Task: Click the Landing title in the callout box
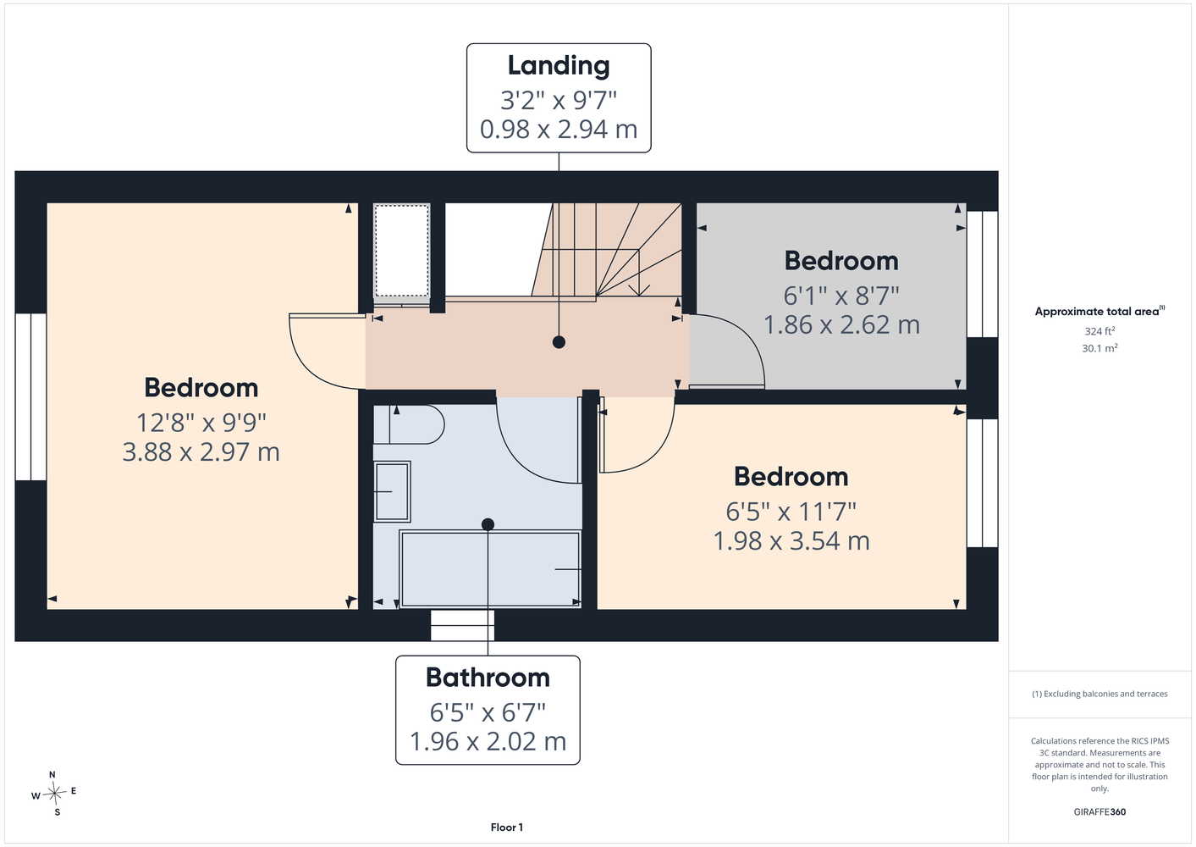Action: pos(559,65)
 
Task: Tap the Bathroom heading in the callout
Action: pos(488,678)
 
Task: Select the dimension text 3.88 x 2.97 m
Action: pos(201,452)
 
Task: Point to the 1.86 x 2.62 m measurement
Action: pos(841,325)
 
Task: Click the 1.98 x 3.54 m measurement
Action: pos(791,540)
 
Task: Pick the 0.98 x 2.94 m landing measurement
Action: pos(559,130)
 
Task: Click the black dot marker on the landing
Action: pos(559,342)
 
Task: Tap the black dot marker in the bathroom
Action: pos(488,524)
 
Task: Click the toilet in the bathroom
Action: pos(409,424)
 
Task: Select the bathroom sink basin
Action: pos(392,491)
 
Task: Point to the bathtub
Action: pos(490,568)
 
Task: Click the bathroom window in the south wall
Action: pos(462,625)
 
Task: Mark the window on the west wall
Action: pos(31,397)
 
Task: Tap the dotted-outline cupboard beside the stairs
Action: pos(401,250)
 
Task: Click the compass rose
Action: pos(54,793)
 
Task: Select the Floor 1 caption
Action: pos(507,828)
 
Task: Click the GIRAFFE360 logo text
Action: pos(1100,811)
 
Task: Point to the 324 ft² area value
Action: pos(1100,331)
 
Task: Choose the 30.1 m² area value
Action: pos(1100,348)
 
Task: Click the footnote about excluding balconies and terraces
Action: pos(1100,694)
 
